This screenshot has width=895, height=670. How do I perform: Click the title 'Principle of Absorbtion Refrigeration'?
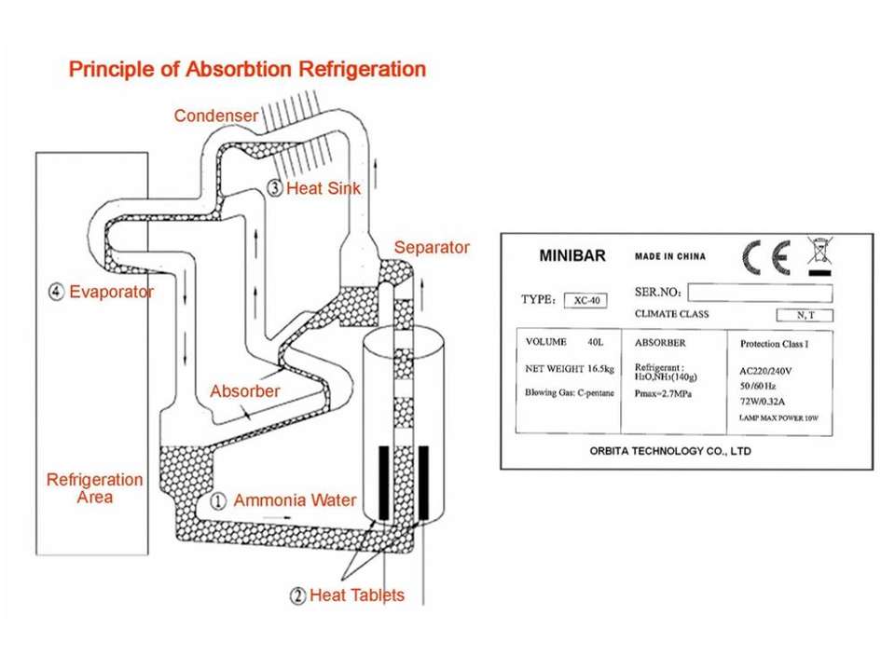247,70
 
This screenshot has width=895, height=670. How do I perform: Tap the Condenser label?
215,116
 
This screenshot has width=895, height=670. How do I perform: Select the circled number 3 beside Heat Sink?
274,187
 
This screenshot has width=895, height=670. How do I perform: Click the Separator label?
432,248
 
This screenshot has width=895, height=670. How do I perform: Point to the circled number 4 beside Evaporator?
56,292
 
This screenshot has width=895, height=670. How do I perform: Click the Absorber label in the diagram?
244,390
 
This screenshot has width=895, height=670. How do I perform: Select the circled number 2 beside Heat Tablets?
297,595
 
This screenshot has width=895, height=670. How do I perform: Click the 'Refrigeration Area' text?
95,488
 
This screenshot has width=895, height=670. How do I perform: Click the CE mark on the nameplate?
765,256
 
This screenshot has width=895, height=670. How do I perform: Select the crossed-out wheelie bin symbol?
820,256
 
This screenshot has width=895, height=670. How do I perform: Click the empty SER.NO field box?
760,293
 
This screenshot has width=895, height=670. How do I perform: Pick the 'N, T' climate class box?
805,315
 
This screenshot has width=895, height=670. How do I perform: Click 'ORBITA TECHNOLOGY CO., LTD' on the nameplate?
670,451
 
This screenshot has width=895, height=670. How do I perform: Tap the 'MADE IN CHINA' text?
670,256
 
